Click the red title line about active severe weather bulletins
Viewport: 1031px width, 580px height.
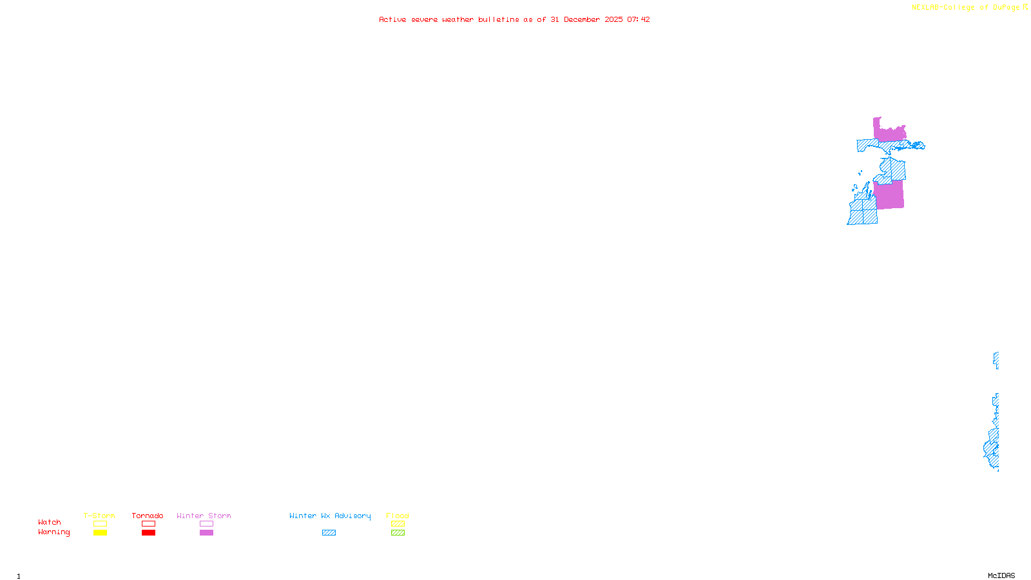[x=514, y=19]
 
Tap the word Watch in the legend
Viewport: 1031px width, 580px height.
[x=50, y=522]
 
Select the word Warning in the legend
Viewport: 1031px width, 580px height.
[x=53, y=532]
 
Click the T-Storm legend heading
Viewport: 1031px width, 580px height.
[x=99, y=516]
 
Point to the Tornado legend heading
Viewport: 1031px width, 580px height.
[x=148, y=516]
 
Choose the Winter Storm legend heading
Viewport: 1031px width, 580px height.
[x=204, y=516]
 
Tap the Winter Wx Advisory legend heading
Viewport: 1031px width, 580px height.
[x=330, y=516]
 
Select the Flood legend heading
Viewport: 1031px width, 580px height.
[x=398, y=516]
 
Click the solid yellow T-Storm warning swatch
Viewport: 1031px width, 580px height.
[x=100, y=533]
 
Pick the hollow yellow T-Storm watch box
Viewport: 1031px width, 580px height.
[x=100, y=524]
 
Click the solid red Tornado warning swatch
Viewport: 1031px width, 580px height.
[x=149, y=533]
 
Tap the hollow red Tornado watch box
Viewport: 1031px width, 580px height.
[x=149, y=524]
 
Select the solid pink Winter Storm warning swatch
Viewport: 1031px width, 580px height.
[x=206, y=533]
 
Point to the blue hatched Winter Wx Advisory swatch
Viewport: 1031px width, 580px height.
[x=329, y=533]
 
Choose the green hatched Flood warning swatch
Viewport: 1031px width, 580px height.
[x=398, y=533]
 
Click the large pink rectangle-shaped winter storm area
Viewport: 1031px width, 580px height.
[x=889, y=195]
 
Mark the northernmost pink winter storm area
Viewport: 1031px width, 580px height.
[x=889, y=133]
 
